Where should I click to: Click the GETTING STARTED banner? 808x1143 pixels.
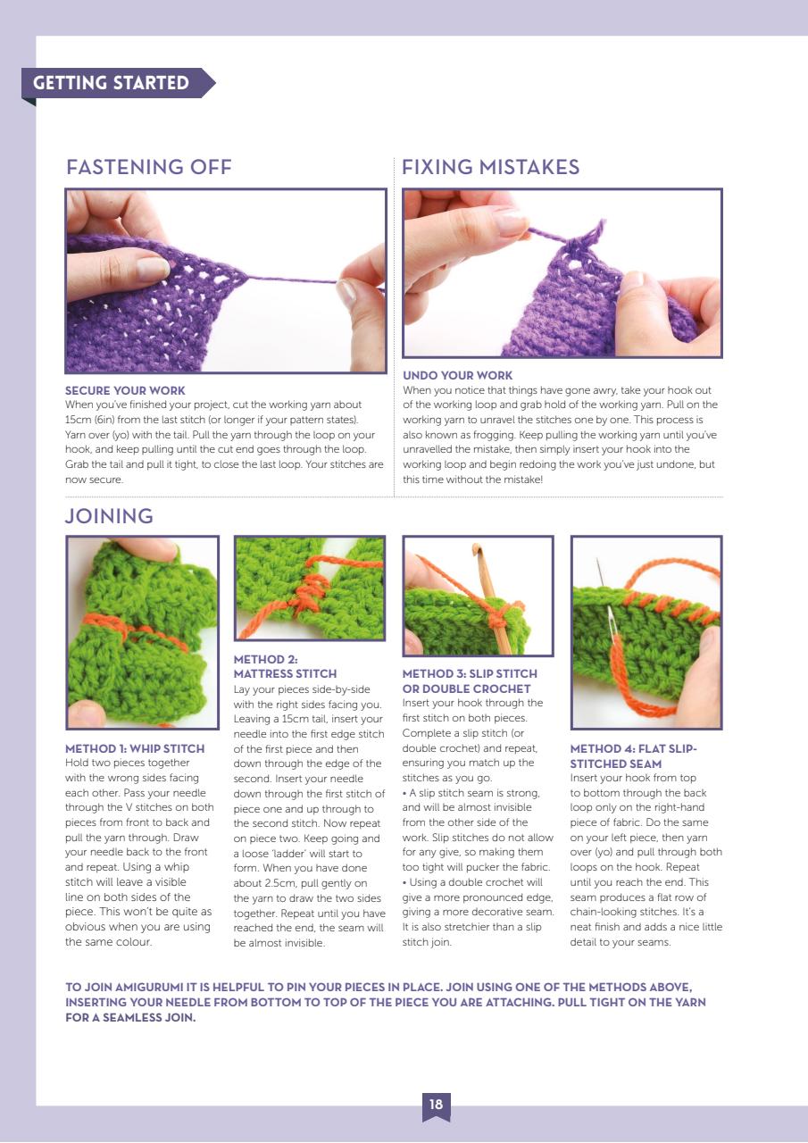pyautogui.click(x=112, y=83)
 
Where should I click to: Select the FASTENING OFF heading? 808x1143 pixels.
pyautogui.click(x=148, y=167)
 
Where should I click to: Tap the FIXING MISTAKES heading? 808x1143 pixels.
pyautogui.click(x=490, y=167)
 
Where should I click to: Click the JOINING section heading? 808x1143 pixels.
pyautogui.click(x=109, y=516)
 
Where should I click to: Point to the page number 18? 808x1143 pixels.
pyautogui.click(x=436, y=1105)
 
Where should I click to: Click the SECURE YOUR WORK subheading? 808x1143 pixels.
pyautogui.click(x=125, y=390)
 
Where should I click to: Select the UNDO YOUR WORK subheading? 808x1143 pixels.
pyautogui.click(x=457, y=376)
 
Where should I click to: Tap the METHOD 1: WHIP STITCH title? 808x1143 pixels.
pyautogui.click(x=135, y=748)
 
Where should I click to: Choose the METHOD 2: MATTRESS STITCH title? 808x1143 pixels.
pyautogui.click(x=285, y=666)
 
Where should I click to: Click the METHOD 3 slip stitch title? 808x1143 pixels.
pyautogui.click(x=470, y=680)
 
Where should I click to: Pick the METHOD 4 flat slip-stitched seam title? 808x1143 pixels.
pyautogui.click(x=633, y=755)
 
